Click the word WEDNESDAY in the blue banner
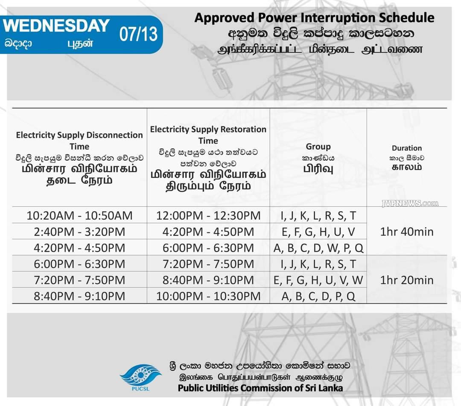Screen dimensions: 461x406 pyautogui.click(x=56, y=26)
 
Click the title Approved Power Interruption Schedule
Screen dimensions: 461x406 pyautogui.click(x=314, y=18)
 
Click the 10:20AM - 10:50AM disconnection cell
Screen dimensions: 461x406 pyautogui.click(x=79, y=215)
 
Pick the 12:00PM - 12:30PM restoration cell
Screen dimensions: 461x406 pyautogui.click(x=208, y=215)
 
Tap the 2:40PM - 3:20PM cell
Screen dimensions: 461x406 pyautogui.click(x=79, y=232)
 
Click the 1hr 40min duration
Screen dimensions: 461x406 pyautogui.click(x=407, y=232)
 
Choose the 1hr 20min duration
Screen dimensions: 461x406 pyautogui.click(x=407, y=280)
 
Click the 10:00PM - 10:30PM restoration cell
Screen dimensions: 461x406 pyautogui.click(x=208, y=296)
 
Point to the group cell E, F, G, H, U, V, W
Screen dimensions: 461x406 pyautogui.click(x=318, y=280)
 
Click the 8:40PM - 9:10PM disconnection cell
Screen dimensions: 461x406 pyautogui.click(x=79, y=296)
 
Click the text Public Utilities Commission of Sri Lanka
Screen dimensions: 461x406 pyautogui.click(x=260, y=388)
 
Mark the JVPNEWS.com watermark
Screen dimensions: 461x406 pyautogui.click(x=410, y=203)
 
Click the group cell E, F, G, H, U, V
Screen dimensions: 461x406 pyautogui.click(x=318, y=232)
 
